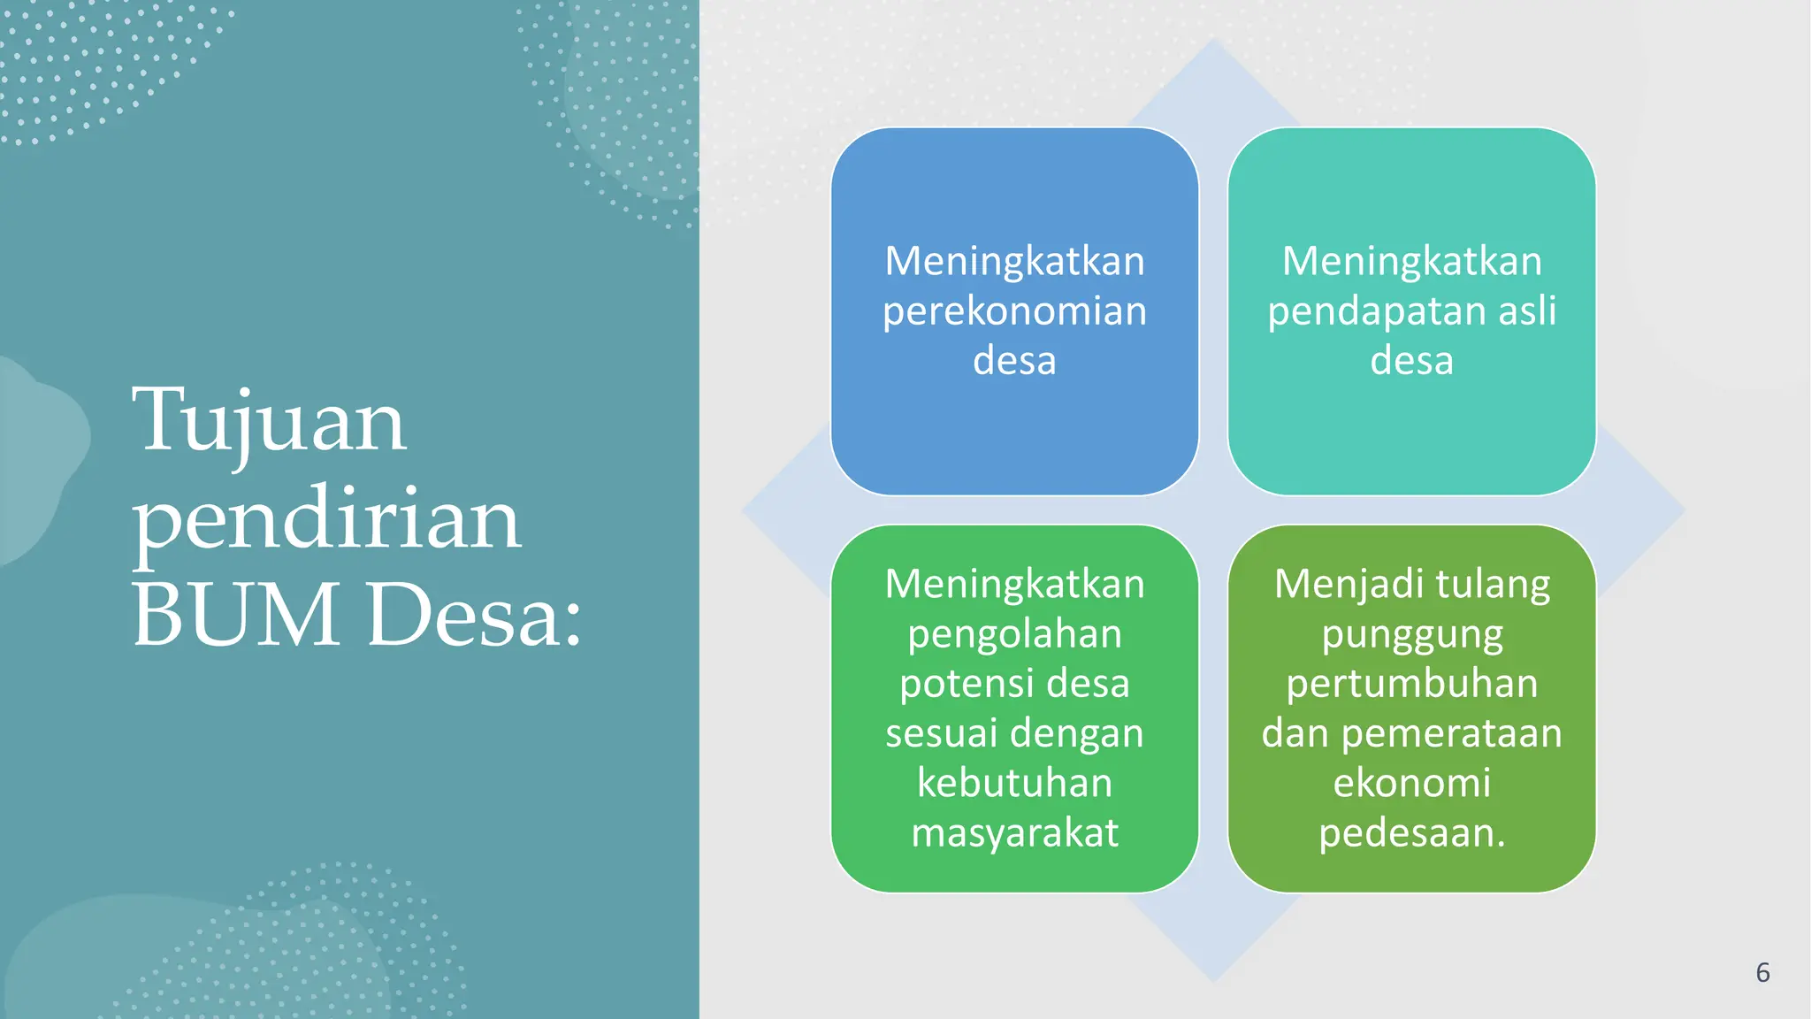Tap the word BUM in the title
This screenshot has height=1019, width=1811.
[x=236, y=614]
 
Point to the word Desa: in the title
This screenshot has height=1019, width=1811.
[x=475, y=614]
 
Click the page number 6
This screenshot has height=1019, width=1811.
[x=1762, y=973]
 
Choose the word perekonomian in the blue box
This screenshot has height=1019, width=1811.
[x=1014, y=311]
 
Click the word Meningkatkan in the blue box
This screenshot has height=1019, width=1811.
[x=1014, y=262]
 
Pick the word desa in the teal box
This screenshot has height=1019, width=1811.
[x=1411, y=361]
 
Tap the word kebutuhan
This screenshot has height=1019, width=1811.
[x=1014, y=783]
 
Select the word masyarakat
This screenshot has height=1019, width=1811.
[x=1014, y=833]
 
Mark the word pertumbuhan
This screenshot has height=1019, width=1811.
[x=1411, y=684]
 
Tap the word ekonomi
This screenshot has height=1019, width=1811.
[x=1411, y=783]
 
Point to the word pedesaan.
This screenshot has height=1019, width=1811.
[x=1406, y=833]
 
